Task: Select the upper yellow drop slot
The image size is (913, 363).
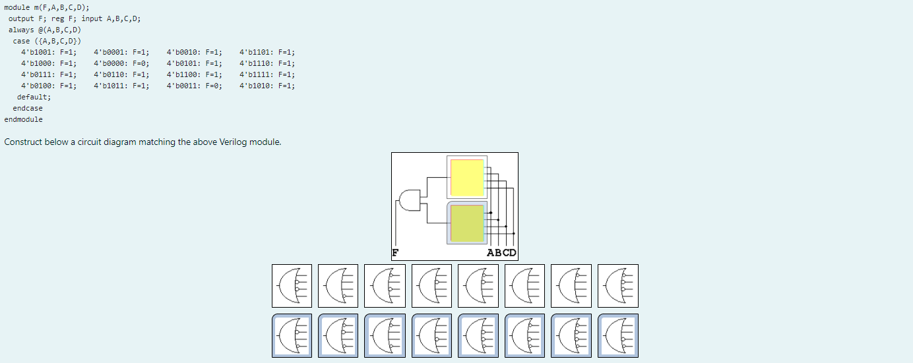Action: [467, 177]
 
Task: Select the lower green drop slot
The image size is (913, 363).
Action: [467, 223]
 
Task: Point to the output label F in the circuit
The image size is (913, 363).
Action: [395, 253]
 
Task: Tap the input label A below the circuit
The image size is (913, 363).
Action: [491, 253]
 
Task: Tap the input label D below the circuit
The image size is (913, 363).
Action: [513, 253]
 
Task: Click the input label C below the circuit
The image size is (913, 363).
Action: [505, 253]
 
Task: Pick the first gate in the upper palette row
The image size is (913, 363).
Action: [292, 286]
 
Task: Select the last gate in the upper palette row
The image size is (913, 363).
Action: [617, 286]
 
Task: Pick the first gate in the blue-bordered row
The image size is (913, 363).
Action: [292, 335]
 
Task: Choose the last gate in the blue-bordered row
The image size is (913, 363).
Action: [617, 335]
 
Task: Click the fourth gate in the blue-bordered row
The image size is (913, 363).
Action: [431, 335]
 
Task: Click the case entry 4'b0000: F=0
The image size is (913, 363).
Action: [121, 63]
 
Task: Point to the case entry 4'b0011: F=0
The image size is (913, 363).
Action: [195, 86]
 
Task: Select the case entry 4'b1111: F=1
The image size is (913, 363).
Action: [267, 74]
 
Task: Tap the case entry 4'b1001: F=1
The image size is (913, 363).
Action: [49, 52]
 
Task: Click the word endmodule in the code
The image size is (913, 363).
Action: [24, 119]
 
